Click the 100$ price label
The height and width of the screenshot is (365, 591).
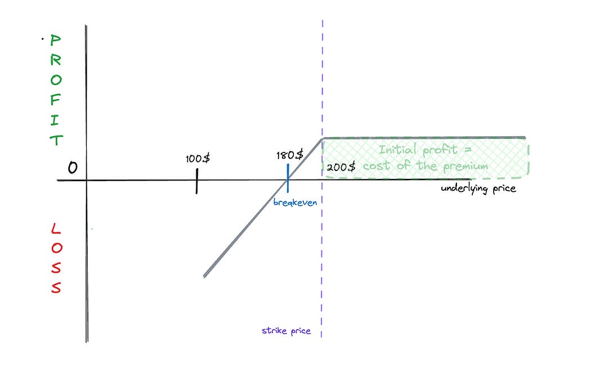[198, 159]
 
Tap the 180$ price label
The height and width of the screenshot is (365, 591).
[290, 155]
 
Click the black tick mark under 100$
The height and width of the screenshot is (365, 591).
[197, 181]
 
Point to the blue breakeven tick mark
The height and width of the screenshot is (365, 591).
[288, 178]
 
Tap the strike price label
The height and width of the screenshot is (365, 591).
[286, 331]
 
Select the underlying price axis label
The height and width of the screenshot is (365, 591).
[478, 188]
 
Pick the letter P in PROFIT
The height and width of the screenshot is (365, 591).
[56, 41]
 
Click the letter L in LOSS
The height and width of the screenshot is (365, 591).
[55, 229]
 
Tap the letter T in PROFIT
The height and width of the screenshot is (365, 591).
[56, 140]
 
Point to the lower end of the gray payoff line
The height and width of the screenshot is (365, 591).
[205, 276]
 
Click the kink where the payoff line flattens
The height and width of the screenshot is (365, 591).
[322, 138]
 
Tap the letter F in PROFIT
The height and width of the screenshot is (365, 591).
[56, 102]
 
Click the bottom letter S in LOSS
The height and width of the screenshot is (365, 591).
[55, 288]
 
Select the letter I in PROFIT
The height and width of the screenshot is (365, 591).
[56, 120]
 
